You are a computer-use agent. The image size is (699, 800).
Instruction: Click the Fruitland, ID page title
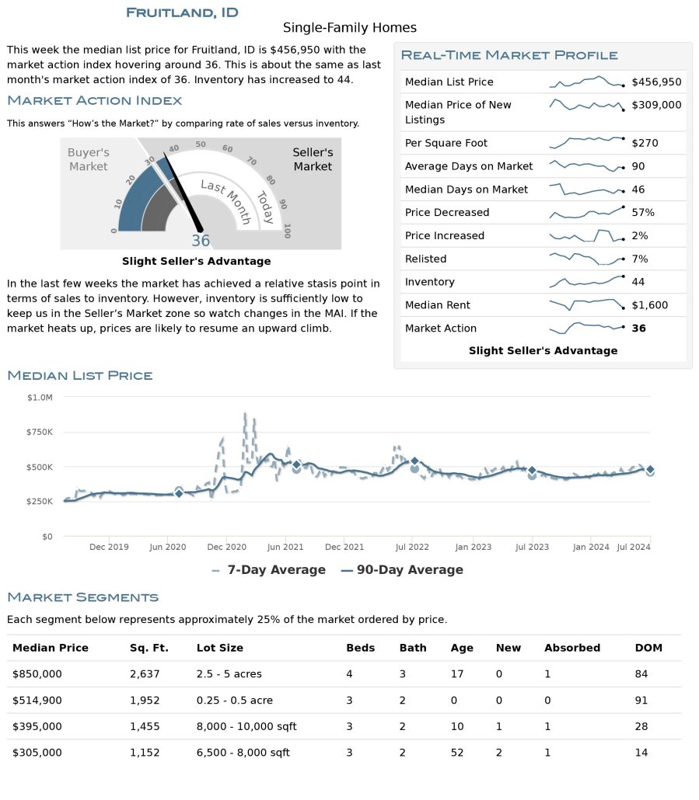182,12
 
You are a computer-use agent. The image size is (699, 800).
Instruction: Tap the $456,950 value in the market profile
656,82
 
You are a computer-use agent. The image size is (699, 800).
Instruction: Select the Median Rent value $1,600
649,305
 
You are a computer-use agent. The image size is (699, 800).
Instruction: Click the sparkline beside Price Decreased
586,212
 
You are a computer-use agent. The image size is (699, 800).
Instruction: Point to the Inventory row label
429,282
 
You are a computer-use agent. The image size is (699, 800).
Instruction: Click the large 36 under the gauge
201,241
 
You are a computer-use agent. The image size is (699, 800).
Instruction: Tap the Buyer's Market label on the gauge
88,159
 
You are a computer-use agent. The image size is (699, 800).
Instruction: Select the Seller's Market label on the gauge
313,159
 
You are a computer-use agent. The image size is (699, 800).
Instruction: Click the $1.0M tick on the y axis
40,398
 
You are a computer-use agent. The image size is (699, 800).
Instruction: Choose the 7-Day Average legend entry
269,570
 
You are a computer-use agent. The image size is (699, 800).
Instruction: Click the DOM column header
648,648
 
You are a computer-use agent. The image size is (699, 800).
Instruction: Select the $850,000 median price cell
37,673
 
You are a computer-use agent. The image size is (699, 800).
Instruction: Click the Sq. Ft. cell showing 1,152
145,753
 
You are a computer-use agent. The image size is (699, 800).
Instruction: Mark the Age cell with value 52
457,753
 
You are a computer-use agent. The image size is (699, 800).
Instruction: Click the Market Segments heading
82,597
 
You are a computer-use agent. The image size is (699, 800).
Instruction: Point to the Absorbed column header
572,648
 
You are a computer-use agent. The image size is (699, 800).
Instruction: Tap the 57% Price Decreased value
643,212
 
